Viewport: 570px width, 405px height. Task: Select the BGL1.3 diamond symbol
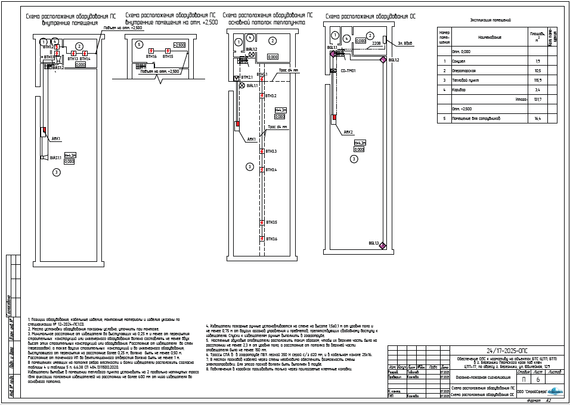pos(383,245)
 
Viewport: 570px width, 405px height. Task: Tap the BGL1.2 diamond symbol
pos(384,60)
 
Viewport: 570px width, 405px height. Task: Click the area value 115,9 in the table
pos(537,80)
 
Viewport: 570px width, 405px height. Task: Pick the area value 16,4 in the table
pos(537,119)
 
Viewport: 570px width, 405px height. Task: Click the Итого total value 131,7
pos(537,100)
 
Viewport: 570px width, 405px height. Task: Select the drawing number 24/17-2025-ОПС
pos(507,351)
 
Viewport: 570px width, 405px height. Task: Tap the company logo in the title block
pos(555,391)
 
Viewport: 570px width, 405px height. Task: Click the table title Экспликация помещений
pos(490,20)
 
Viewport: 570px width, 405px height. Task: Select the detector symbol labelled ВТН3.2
pos(262,95)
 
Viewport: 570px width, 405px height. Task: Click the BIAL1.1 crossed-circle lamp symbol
pos(241,86)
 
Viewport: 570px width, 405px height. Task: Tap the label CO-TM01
pos(348,71)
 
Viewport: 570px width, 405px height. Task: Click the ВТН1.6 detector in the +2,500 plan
pos(151,51)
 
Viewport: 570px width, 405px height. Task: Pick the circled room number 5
pos(138,44)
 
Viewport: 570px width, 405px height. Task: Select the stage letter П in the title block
pos(523,379)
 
